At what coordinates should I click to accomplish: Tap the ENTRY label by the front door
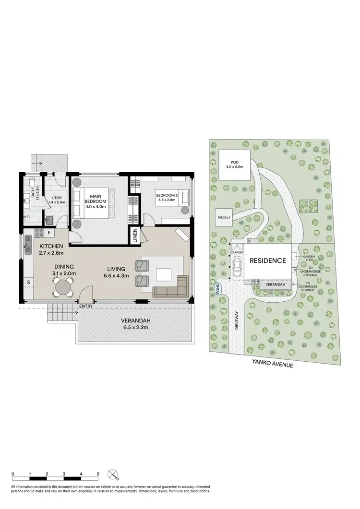86,306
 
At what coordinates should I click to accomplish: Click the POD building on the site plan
235,166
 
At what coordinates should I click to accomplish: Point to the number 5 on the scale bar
98,474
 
